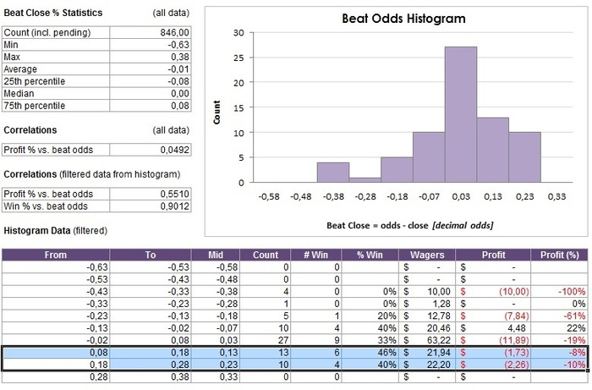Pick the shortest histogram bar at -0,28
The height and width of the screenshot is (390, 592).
tap(365, 179)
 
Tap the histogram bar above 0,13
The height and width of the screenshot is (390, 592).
tap(492, 150)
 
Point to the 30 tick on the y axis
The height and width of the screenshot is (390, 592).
tap(239, 33)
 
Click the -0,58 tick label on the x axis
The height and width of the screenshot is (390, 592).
tap(269, 196)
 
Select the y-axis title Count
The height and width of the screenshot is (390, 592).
tap(217, 114)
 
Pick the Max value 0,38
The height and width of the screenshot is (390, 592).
tap(180, 57)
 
